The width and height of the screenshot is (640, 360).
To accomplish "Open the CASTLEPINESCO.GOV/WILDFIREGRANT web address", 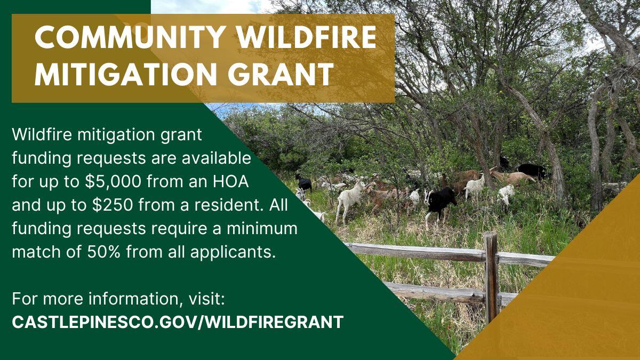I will coord(178,322).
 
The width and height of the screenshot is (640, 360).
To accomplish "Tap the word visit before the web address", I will coord(207,299).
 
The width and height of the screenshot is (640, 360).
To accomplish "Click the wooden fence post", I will coord(491,277).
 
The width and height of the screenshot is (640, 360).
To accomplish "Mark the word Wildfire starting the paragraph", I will coord(42,135).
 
